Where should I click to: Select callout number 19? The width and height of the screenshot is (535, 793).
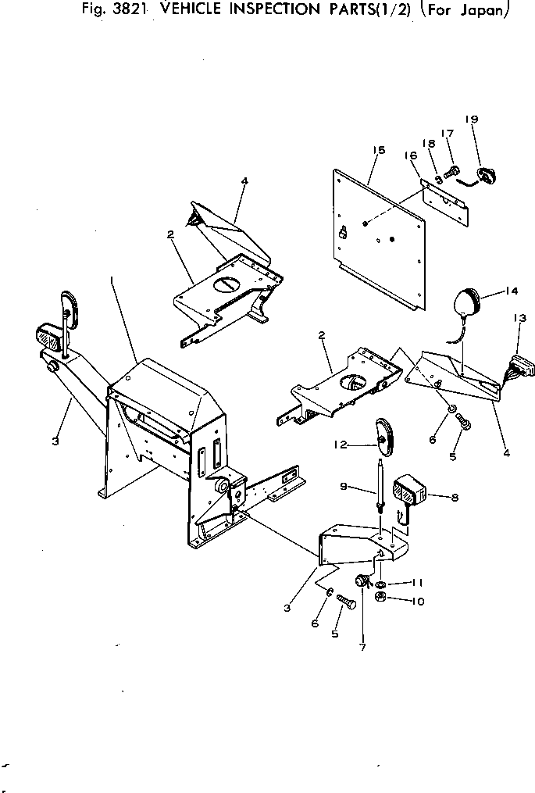pyautogui.click(x=472, y=119)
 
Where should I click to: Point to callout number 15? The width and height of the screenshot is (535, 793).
pyautogui.click(x=378, y=150)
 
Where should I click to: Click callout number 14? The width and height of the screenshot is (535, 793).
pyautogui.click(x=511, y=291)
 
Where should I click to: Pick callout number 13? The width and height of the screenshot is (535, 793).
pyautogui.click(x=519, y=318)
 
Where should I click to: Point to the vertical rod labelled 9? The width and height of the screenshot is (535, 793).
pyautogui.click(x=381, y=484)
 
